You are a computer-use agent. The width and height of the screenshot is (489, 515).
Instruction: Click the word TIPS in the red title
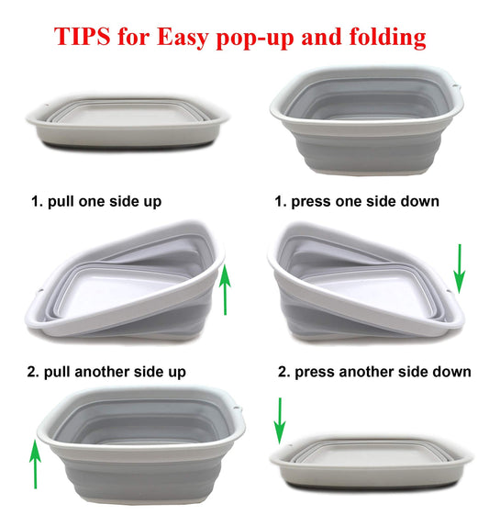[x=82, y=36]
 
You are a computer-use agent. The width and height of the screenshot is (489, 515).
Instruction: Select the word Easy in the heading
[x=183, y=38]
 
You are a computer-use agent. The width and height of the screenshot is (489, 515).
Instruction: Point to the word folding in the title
[x=387, y=38]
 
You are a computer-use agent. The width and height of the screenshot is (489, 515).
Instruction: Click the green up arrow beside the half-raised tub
[x=225, y=289]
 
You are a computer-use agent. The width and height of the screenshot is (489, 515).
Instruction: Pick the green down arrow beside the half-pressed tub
[x=460, y=269]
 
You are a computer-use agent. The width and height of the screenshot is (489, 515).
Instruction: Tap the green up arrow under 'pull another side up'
[x=35, y=464]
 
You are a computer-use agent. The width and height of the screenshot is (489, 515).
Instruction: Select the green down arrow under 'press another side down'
[x=280, y=420]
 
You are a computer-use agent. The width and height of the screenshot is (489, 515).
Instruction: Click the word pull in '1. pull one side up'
[x=61, y=202]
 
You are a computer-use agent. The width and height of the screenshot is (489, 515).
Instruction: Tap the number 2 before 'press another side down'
[x=283, y=372]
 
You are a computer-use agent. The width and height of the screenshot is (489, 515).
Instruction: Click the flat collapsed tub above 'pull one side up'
[x=128, y=122]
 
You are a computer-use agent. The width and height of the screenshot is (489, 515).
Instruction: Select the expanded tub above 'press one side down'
[x=367, y=120]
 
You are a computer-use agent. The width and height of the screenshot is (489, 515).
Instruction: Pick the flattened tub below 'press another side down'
[x=371, y=462]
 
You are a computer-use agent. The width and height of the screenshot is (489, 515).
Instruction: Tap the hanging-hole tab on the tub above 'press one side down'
[x=457, y=86]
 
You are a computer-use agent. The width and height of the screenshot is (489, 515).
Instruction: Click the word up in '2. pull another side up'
[x=177, y=373]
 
